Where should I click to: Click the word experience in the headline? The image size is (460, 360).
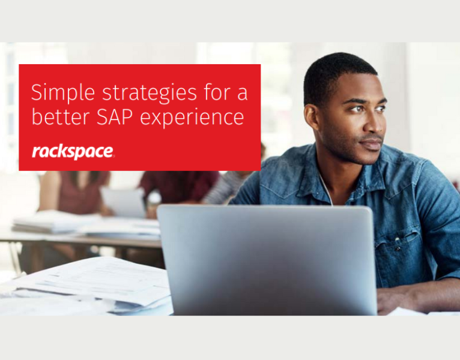tap(193, 118)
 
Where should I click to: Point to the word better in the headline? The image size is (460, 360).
tap(57, 117)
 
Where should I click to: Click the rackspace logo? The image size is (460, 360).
tap(73, 152)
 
